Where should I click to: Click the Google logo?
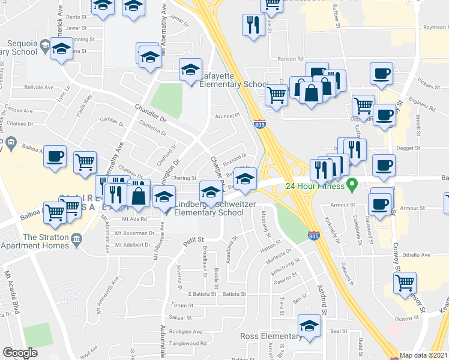coord(20,353)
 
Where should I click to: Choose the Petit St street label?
coord(194,241)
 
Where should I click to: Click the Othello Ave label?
coord(416,255)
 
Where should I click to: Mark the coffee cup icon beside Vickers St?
coord(381,74)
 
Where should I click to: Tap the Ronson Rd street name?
coord(291,59)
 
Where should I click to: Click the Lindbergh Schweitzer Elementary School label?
coord(208,209)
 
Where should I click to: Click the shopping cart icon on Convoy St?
coord(405,281)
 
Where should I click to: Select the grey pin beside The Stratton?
coord(76,241)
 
